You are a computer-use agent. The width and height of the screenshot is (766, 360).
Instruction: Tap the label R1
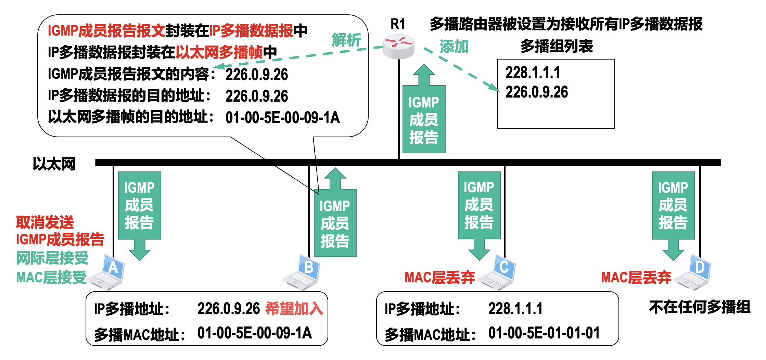coord(398,24)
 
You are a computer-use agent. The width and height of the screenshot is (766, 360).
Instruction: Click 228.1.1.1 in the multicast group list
coord(533,73)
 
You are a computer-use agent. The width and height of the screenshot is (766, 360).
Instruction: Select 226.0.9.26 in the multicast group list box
coord(536,92)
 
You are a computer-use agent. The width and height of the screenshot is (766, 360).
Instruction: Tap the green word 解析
coord(346,40)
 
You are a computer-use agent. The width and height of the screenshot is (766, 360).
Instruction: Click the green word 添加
coord(454,47)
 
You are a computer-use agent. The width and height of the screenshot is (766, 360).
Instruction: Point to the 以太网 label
coord(54,164)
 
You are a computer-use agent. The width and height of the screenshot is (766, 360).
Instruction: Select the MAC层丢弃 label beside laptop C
coord(439,278)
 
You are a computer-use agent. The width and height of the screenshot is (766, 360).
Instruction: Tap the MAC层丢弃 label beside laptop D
coord(636,278)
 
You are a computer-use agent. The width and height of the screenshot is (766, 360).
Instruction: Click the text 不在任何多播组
coord(699,307)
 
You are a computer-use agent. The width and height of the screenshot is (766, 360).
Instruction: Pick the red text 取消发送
coord(45,222)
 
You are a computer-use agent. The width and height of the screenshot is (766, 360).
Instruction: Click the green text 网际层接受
coord(52,258)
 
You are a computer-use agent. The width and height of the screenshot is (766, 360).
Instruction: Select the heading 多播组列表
coord(557,46)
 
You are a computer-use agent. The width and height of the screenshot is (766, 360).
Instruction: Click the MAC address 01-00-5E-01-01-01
coord(544,333)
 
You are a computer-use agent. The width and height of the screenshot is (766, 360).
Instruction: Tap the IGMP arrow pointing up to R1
coord(424,113)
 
